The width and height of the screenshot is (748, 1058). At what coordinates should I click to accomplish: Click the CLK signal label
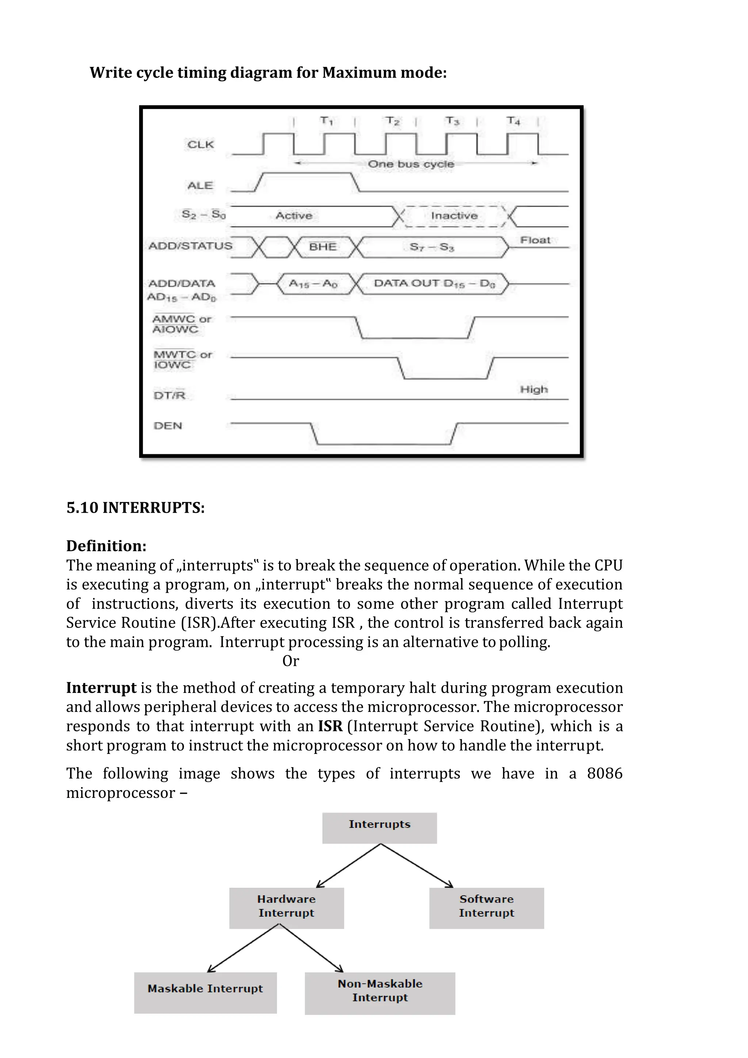coord(201,145)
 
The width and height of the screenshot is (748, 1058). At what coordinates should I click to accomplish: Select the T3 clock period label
coord(452,121)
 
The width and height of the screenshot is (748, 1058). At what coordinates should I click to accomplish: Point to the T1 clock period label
coord(327,121)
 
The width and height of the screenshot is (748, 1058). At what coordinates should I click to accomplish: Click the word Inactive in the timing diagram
coord(454,216)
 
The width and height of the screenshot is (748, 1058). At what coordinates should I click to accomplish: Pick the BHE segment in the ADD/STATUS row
coord(323,247)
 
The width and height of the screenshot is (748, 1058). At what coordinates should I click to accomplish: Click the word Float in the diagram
coord(535,240)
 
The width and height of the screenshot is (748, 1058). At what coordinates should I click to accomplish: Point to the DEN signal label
coord(168,426)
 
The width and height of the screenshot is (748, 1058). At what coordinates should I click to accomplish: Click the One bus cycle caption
coord(411,164)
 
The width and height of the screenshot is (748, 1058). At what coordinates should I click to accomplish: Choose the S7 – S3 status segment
coord(432,247)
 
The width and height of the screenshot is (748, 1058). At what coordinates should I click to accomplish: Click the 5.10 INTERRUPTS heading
coord(136,508)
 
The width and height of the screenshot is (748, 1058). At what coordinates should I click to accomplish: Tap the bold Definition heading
coord(106,546)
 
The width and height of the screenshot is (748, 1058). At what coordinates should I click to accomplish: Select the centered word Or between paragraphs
coord(291,661)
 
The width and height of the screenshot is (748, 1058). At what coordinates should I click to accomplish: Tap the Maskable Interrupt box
coord(205,989)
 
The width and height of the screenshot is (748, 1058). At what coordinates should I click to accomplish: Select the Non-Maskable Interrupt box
coord(380,991)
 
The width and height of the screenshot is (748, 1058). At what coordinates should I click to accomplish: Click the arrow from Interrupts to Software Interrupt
coord(417,865)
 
